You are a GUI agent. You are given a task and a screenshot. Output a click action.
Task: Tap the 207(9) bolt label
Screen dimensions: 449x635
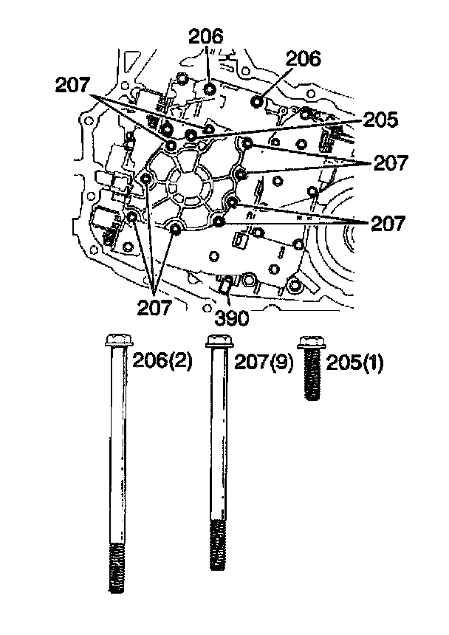[264, 361]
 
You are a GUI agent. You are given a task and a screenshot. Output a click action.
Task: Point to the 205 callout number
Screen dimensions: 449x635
[381, 120]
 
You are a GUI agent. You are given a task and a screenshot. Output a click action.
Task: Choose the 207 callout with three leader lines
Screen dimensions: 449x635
[156, 305]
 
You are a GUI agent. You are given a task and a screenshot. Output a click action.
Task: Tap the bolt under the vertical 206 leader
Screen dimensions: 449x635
[210, 89]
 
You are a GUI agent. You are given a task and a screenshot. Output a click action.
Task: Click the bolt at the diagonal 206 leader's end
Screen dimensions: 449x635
[258, 100]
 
